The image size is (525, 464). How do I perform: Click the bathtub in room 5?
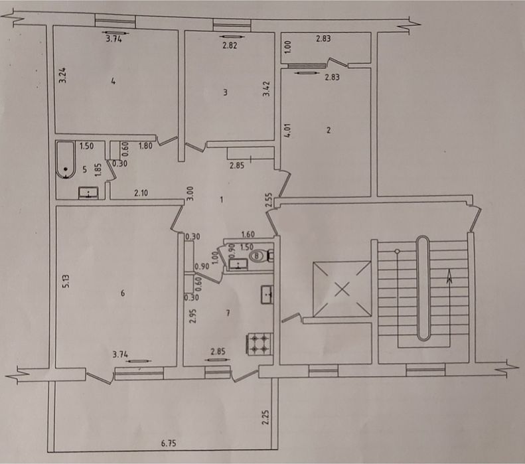point(65,160)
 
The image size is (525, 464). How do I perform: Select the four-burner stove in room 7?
point(260,344)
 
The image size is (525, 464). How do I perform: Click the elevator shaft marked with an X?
point(342,289)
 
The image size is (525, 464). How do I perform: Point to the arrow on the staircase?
point(449,277)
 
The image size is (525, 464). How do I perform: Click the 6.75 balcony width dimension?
point(169,443)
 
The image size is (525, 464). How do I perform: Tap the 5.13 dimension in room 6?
point(66,281)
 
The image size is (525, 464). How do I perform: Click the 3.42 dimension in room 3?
point(267,89)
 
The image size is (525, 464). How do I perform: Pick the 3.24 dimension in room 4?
point(62,76)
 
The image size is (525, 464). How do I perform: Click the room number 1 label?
point(221,200)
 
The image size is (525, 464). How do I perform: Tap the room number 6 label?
point(123,293)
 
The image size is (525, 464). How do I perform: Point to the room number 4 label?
point(113,81)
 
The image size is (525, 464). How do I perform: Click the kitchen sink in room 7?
point(267,295)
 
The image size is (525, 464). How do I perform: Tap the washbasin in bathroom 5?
point(88,193)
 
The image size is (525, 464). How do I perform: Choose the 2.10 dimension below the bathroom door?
point(141,193)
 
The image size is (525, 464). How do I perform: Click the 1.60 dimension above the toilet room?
point(248,234)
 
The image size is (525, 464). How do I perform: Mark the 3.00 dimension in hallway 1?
point(190,193)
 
